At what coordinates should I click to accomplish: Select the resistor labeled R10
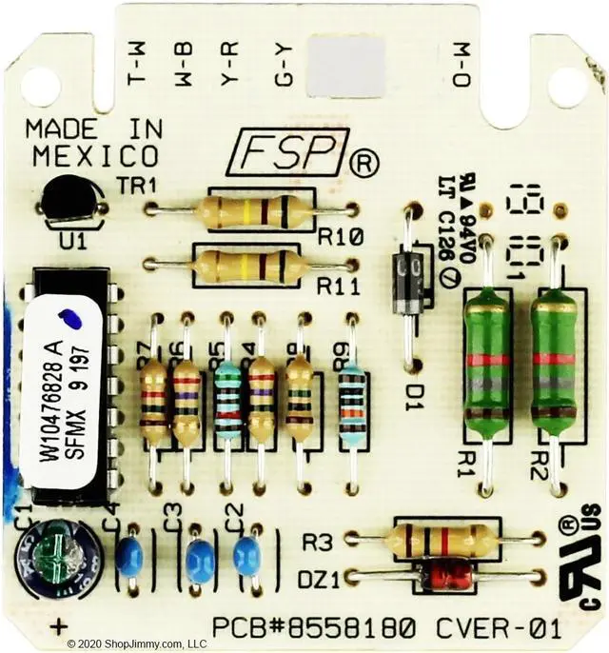252,210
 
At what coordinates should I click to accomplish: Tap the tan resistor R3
443,540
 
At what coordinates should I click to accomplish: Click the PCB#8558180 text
313,628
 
